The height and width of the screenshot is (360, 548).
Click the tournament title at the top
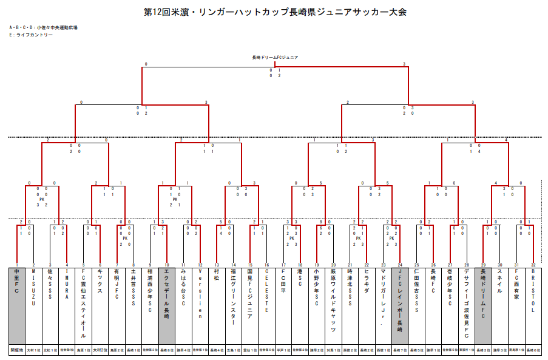click(274, 12)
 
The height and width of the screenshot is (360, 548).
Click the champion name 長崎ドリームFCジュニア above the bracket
click(274, 57)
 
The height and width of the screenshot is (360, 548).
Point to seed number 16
click(266, 265)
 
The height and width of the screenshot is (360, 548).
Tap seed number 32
click(532, 265)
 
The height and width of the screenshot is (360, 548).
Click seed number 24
click(399, 265)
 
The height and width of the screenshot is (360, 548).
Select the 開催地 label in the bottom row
click(17, 350)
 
